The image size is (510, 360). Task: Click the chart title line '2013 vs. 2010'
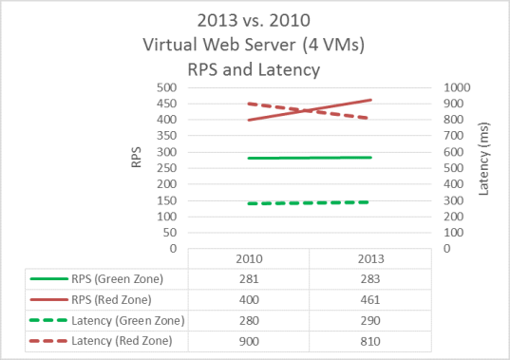pos(254,21)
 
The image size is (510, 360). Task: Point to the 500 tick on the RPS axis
pos(167,87)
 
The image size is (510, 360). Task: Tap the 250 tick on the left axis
pos(167,168)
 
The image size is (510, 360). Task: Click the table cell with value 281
pos(248,280)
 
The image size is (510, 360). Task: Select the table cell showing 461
pos(369,299)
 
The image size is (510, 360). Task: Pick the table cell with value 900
pos(248,339)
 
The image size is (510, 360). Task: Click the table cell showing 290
pos(369,319)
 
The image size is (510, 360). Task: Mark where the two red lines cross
pos(311,110)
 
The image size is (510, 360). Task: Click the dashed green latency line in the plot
pos(309,202)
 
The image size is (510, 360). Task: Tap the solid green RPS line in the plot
pos(309,158)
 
